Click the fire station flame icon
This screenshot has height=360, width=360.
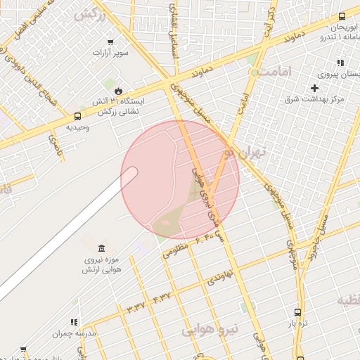pyautogui.click(x=118, y=91)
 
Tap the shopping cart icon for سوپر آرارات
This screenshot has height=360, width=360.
pyautogui.click(x=110, y=41)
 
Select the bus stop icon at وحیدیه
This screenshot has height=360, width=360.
pyautogui.click(x=77, y=116)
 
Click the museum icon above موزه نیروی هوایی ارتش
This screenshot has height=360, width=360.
pyautogui.click(x=103, y=248)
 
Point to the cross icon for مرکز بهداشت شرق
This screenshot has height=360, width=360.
pyautogui.click(x=314, y=88)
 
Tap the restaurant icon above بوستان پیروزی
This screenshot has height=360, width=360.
pyautogui.click(x=340, y=63)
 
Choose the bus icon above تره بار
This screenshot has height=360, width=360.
pyautogui.click(x=297, y=311)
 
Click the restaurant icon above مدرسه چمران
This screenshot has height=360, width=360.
pyautogui.click(x=74, y=322)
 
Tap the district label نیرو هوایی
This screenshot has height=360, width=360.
pyautogui.click(x=210, y=329)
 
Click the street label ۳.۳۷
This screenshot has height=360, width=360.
pyautogui.click(x=135, y=307)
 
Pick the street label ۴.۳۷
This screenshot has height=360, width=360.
pyautogui.click(x=161, y=297)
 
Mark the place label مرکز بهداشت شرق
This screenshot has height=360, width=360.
pyautogui.click(x=314, y=101)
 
